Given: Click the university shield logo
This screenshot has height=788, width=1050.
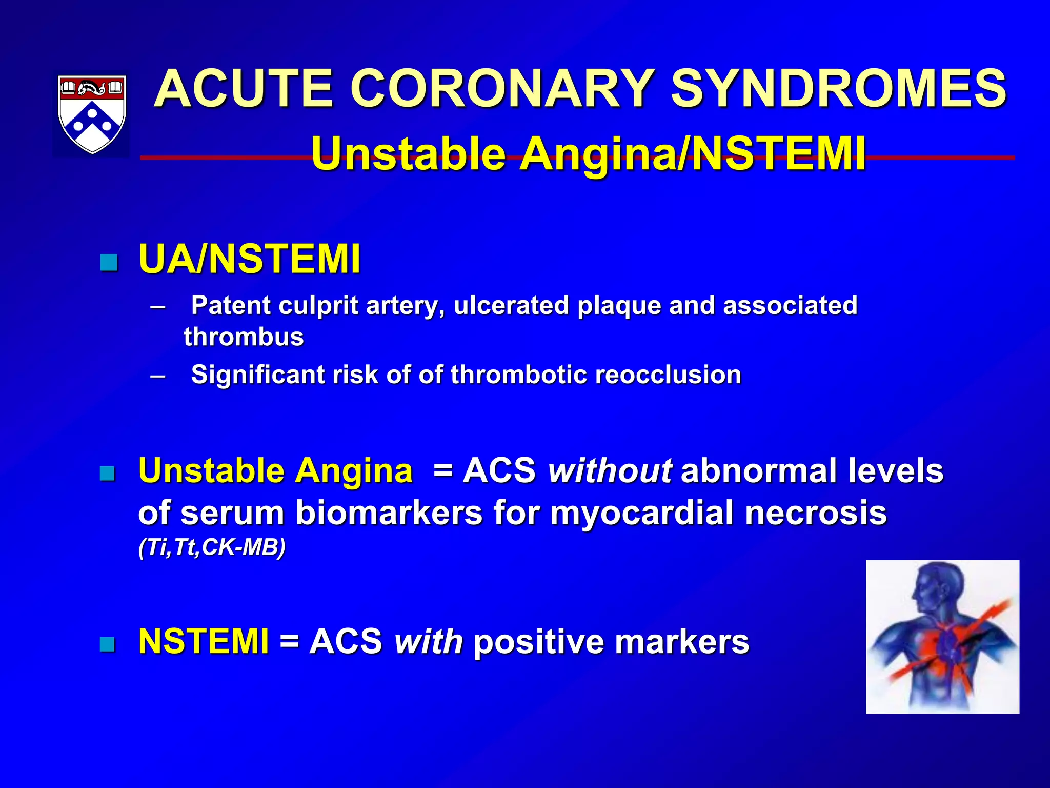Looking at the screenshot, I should (91, 114).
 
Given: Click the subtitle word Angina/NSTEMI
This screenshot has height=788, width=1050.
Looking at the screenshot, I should (693, 153).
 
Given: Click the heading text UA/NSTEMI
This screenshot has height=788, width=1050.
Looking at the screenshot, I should (250, 260).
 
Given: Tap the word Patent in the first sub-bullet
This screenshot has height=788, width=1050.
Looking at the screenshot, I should (230, 306).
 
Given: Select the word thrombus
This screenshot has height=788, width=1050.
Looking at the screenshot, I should (244, 337).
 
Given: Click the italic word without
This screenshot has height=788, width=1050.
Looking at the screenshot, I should (610, 470).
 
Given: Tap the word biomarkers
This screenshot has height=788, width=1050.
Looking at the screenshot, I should (389, 513).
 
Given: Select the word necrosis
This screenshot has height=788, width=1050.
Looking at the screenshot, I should (815, 513).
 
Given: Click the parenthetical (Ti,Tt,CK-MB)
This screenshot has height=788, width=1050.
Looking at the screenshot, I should (212, 548).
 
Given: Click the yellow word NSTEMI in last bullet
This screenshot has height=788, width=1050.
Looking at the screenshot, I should (204, 641).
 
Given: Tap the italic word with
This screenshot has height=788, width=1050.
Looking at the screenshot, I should (429, 641).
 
